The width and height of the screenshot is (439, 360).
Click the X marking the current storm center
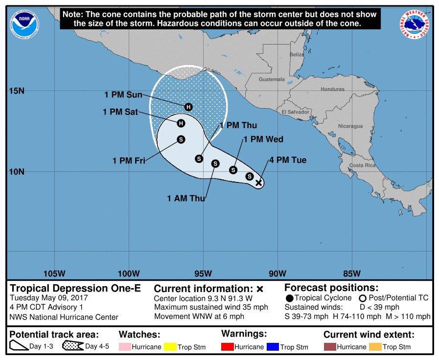click(x=259, y=182)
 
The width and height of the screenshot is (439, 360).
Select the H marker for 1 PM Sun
click(x=188, y=107)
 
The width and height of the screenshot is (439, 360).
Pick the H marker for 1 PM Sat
click(x=181, y=123)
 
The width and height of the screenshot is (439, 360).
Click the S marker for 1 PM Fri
click(x=181, y=139)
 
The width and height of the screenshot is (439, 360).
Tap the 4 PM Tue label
click(x=287, y=160)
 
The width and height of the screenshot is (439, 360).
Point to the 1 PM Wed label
click(x=263, y=139)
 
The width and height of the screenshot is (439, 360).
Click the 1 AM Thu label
click(x=186, y=198)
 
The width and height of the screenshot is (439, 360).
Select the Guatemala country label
click(x=272, y=79)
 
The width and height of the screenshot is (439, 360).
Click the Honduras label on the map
click(x=333, y=89)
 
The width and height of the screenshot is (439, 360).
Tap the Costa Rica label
click(x=363, y=165)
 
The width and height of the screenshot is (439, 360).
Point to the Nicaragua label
click(x=350, y=126)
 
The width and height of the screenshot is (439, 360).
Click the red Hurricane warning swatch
click(x=228, y=347)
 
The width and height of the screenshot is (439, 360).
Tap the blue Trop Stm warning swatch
click(x=273, y=347)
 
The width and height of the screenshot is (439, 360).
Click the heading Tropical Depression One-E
click(x=75, y=288)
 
